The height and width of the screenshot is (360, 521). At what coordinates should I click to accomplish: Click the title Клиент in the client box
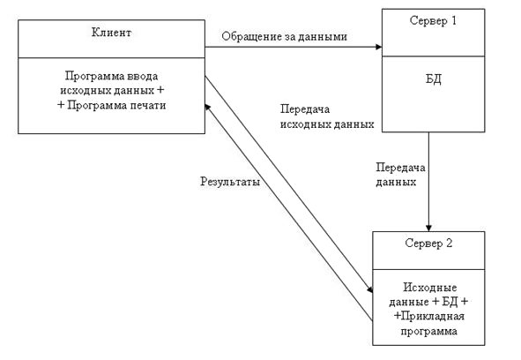tap(111, 33)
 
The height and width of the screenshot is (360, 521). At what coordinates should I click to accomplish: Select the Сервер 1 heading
tap(433, 20)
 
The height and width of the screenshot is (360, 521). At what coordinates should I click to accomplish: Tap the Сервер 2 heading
tap(428, 244)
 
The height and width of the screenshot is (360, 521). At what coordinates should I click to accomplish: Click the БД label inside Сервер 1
tap(434, 79)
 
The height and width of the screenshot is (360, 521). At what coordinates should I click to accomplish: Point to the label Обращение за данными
tap(285, 36)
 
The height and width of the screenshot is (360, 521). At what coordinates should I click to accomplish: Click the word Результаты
tap(230, 182)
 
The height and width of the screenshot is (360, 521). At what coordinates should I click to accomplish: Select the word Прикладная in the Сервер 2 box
tap(433, 316)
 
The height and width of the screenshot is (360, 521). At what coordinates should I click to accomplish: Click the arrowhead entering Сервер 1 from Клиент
tap(378, 47)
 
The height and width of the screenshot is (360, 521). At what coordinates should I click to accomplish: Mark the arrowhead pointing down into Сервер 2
tap(428, 228)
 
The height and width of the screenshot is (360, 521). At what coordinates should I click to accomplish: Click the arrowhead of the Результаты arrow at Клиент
tap(207, 107)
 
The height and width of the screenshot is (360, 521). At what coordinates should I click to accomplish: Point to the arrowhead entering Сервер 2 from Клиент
tap(369, 289)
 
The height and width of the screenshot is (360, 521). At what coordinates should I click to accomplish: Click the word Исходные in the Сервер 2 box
tap(430, 287)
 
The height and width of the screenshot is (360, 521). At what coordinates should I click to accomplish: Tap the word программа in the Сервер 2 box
tap(428, 331)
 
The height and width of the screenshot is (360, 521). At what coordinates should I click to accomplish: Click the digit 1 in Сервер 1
tap(453, 20)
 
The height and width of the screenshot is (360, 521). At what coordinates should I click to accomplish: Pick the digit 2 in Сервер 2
tap(449, 244)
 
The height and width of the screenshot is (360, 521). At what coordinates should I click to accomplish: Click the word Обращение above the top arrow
tap(251, 36)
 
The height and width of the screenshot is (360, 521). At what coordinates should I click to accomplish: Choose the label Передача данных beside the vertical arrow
tap(400, 175)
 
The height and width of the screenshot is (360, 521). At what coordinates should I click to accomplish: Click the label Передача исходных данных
tap(327, 116)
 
